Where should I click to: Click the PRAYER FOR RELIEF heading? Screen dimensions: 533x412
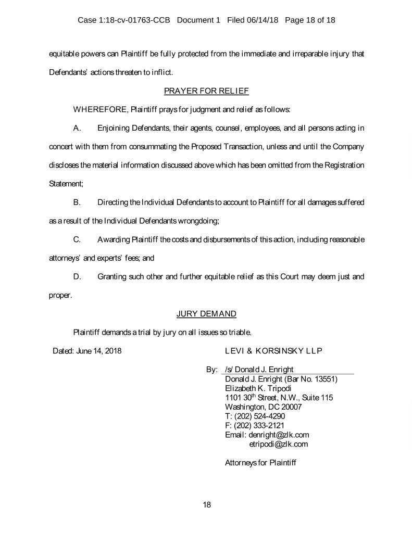pyautogui.click(x=206, y=91)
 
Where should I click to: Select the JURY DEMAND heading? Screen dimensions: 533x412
pyautogui.click(x=206, y=313)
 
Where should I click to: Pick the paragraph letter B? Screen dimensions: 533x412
pyautogui.click(x=77, y=201)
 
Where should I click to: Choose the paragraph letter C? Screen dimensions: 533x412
pyautogui.click(x=77, y=239)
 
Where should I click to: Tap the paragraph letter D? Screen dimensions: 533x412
pyautogui.click(x=77, y=276)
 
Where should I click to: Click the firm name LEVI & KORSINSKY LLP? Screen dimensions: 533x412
pyautogui.click(x=273, y=350)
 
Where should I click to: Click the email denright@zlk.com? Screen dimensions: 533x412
pyautogui.click(x=280, y=435)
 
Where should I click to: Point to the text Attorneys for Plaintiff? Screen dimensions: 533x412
pyautogui.click(x=260, y=462)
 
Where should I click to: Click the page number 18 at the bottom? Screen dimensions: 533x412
pyautogui.click(x=206, y=504)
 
